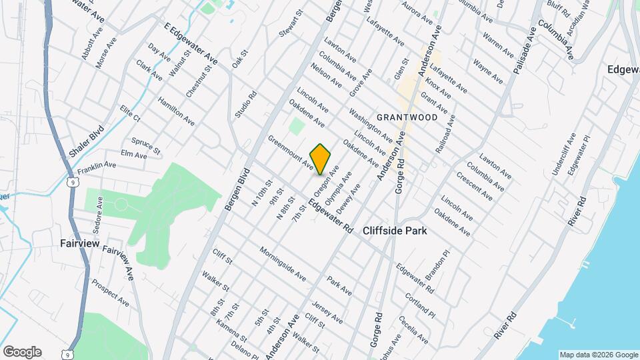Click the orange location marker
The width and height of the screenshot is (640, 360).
pyautogui.click(x=321, y=159)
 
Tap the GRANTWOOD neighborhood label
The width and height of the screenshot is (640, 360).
pyautogui.click(x=407, y=117)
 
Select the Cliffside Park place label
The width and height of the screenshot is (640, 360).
pyautogui.click(x=395, y=231)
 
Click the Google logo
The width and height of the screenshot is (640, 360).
pyautogui.click(x=22, y=352)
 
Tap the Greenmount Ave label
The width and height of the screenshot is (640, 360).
pyautogui.click(x=291, y=152)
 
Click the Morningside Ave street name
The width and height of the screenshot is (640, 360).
pyautogui.click(x=282, y=264)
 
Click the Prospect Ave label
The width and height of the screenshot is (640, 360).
pyautogui.click(x=110, y=293)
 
